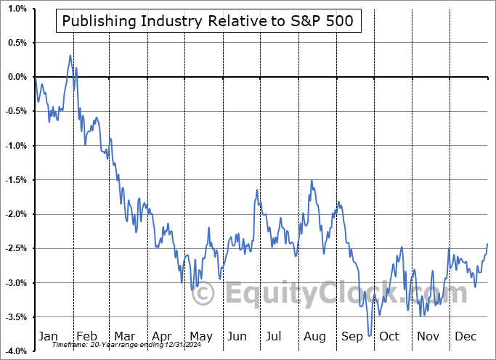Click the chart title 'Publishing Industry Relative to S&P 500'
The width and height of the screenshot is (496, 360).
click(x=208, y=21)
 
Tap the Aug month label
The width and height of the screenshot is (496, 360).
click(x=315, y=336)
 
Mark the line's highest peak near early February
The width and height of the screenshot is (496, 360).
click(x=70, y=55)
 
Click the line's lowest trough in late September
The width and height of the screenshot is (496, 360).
click(x=370, y=335)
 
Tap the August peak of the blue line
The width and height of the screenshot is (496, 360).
click(x=312, y=181)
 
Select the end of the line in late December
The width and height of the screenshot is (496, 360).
click(x=487, y=244)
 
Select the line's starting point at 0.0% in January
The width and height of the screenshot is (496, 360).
click(x=35, y=78)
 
